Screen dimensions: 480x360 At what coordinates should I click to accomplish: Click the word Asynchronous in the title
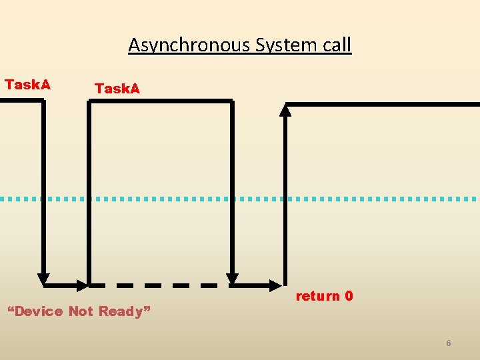[170, 45]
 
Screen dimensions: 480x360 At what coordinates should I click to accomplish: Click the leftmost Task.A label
[27, 85]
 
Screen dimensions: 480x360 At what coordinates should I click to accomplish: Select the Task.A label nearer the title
[117, 89]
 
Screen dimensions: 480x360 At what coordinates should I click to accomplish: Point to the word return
[317, 296]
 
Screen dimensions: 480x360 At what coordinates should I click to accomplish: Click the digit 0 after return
[349, 296]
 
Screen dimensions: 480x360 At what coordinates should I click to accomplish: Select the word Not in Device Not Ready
[80, 311]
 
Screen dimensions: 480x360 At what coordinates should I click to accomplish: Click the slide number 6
[449, 343]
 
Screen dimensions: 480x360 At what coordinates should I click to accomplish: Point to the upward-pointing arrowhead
[285, 109]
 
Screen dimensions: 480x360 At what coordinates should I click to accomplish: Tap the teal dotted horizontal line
[240, 199]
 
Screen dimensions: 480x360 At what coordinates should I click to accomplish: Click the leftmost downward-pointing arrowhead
[43, 279]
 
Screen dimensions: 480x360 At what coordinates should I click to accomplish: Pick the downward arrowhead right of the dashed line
[232, 279]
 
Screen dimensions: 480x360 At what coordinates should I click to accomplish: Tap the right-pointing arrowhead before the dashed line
[83, 285]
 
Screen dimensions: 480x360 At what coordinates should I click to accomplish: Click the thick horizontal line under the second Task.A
[160, 101]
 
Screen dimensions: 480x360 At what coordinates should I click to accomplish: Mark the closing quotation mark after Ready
[147, 309]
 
